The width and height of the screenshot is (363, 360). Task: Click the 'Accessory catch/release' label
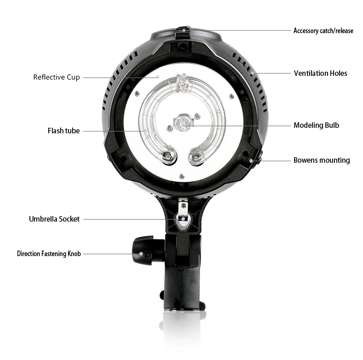[323, 31]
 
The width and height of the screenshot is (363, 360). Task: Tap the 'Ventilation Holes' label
[320, 73]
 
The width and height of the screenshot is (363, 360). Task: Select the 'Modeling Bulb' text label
[316, 125]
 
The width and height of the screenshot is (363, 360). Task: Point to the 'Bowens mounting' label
[322, 160]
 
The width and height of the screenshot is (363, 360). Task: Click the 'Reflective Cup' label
[57, 77]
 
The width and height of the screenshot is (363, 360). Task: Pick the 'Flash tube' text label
[63, 131]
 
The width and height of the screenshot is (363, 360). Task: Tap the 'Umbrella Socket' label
[54, 219]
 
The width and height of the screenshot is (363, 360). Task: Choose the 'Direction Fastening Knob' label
[49, 254]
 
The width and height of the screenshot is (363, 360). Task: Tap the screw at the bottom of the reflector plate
[182, 175]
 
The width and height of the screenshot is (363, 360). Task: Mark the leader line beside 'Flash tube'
[115, 131]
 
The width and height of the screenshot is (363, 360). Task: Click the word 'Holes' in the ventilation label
[338, 73]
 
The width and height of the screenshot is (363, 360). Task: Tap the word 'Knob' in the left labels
[74, 254]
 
